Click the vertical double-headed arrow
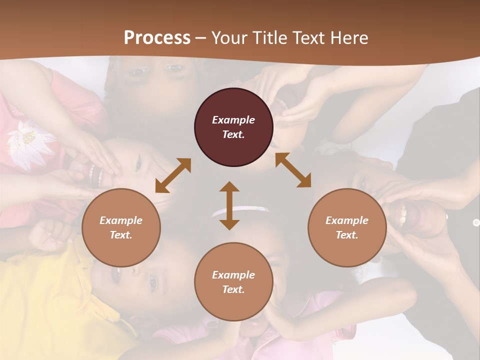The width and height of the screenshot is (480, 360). click(x=229, y=205)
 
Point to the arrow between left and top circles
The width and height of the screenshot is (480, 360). click(x=173, y=175)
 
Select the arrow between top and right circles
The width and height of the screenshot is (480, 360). click(x=293, y=170)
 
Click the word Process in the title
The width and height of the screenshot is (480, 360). click(x=157, y=38)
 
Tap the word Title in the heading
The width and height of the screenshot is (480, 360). click(x=269, y=38)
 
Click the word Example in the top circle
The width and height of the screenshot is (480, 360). click(x=233, y=120)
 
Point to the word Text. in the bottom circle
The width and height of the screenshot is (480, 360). click(x=233, y=289)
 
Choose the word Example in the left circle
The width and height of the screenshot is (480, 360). click(x=121, y=220)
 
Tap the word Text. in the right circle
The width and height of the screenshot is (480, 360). click(x=347, y=235)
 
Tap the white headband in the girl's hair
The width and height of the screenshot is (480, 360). click(x=240, y=210)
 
